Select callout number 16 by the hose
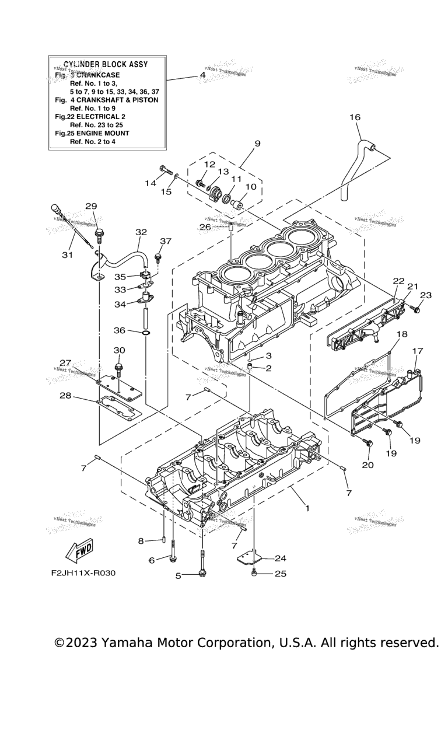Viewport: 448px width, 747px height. click(x=355, y=117)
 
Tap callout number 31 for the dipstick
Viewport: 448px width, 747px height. click(x=67, y=254)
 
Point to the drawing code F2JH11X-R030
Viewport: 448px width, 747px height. click(x=83, y=573)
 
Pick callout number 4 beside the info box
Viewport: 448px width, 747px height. click(x=202, y=75)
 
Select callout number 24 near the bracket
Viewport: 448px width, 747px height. click(x=281, y=557)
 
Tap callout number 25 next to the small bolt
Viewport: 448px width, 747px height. click(x=281, y=574)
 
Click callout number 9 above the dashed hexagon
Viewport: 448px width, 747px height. click(x=257, y=143)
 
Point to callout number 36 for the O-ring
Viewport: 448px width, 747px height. click(x=120, y=330)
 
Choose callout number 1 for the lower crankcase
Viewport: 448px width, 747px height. click(x=307, y=508)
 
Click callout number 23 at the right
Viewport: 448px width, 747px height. click(x=426, y=295)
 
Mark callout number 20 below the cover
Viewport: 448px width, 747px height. click(x=367, y=465)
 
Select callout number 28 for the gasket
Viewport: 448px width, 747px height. click(x=65, y=396)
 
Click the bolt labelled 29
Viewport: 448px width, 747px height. click(x=99, y=235)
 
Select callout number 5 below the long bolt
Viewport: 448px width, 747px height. click(x=178, y=576)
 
